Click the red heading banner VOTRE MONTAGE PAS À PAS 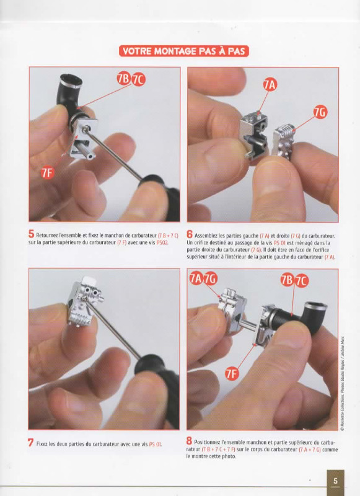pyautogui.click(x=184, y=51)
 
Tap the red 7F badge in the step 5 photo pyautogui.click(x=47, y=173)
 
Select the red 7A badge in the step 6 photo pyautogui.click(x=270, y=85)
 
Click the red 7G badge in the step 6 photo pyautogui.click(x=320, y=113)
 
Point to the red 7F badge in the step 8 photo pyautogui.click(x=232, y=374)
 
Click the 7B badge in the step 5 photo pyautogui.click(x=124, y=79)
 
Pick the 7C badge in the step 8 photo pyautogui.click(x=302, y=281)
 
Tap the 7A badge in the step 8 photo pyautogui.click(x=196, y=278)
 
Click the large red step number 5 pyautogui.click(x=31, y=234)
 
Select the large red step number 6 pyautogui.click(x=190, y=234)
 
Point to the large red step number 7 pyautogui.click(x=30, y=443)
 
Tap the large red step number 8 pyautogui.click(x=189, y=441)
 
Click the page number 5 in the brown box pyautogui.click(x=335, y=481)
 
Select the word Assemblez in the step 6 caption pyautogui.click(x=206, y=236)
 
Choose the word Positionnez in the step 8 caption pyautogui.click(x=206, y=442)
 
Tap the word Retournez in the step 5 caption pyautogui.click(x=46, y=236)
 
